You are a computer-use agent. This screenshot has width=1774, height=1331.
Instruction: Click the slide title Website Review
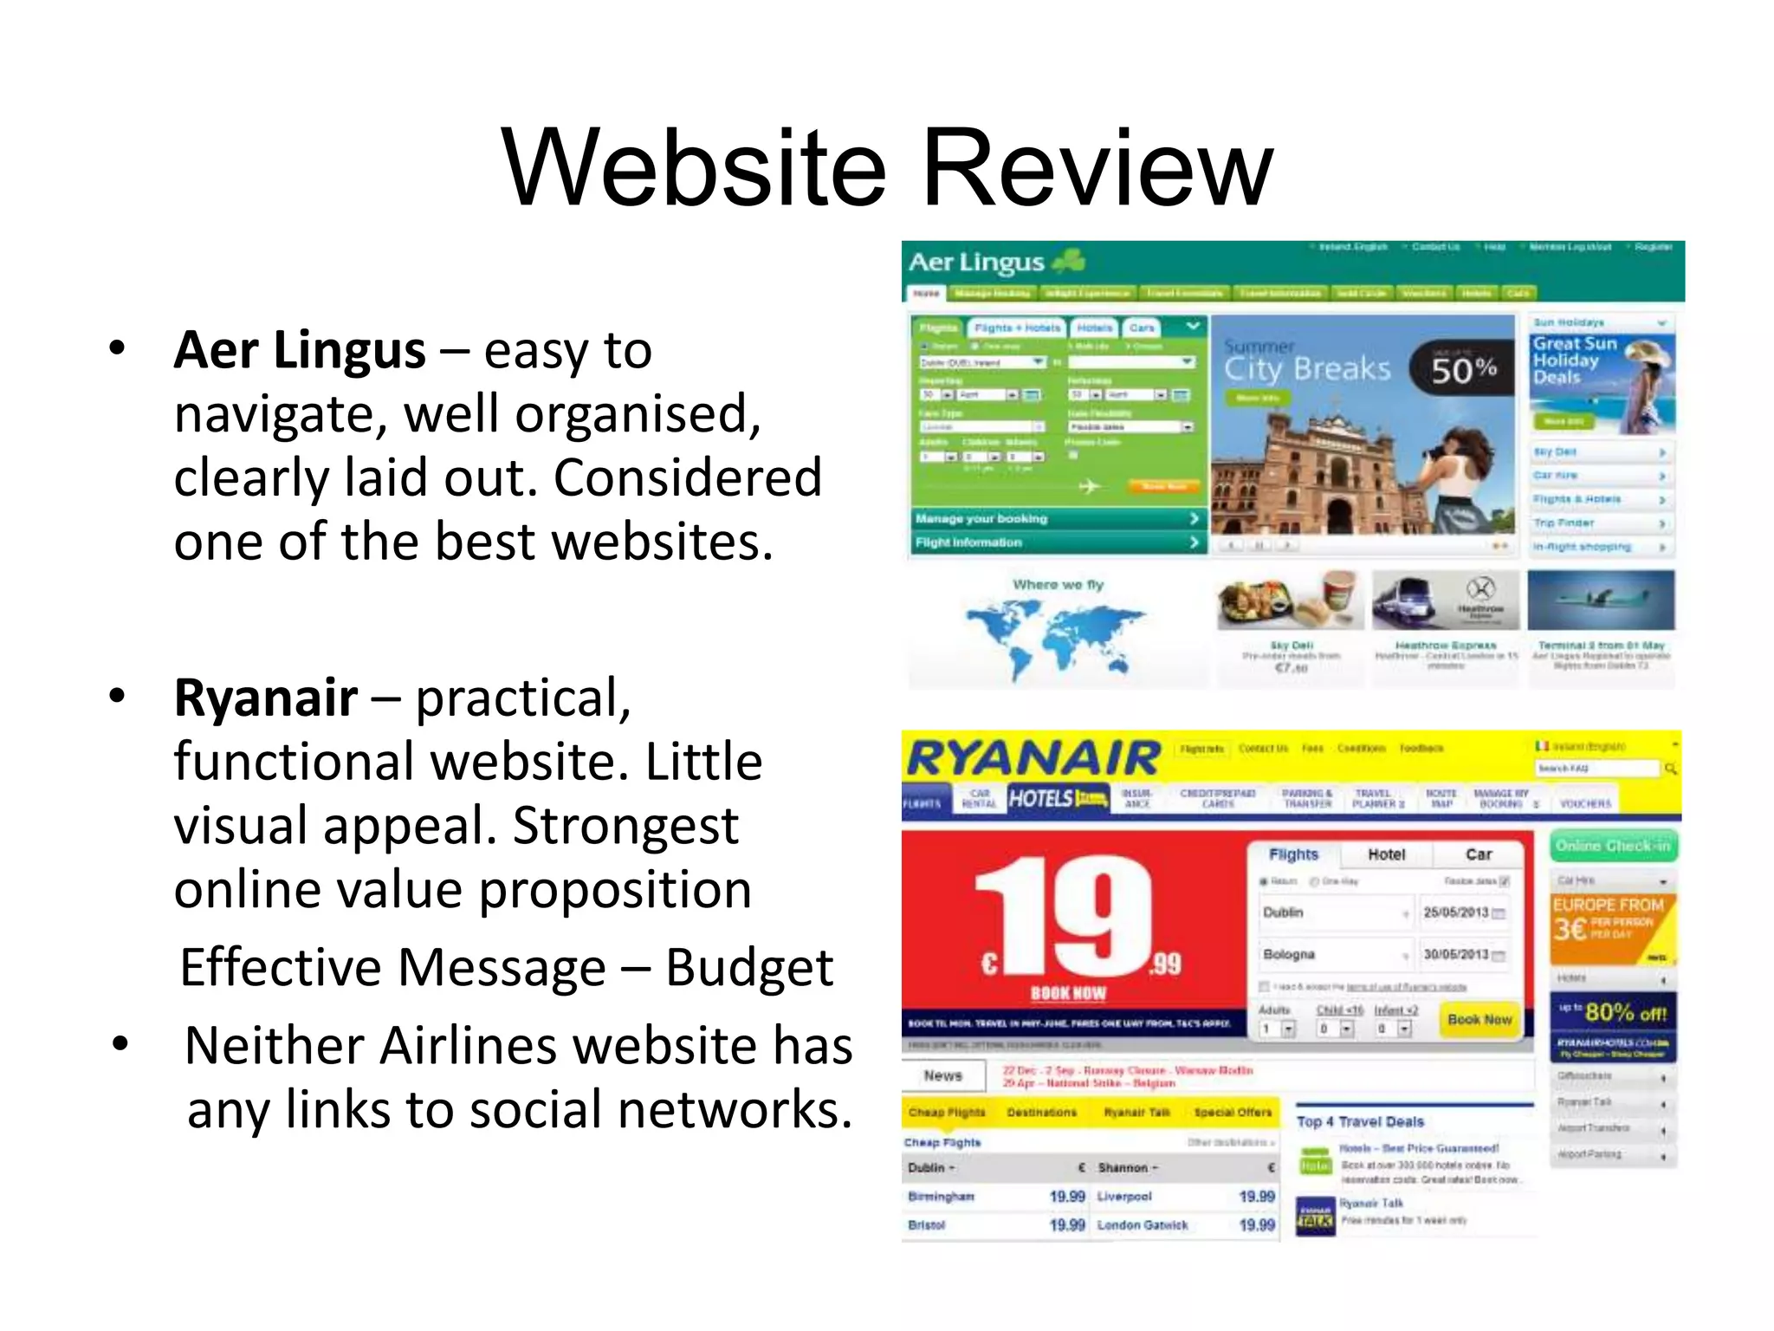(x=887, y=168)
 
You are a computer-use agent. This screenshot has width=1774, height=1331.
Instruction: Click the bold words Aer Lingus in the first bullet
(x=300, y=350)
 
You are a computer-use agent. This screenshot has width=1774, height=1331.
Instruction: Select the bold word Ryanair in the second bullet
(x=266, y=698)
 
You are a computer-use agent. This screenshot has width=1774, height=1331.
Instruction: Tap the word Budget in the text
(x=748, y=967)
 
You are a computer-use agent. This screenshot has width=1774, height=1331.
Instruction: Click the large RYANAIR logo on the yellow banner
(x=1033, y=759)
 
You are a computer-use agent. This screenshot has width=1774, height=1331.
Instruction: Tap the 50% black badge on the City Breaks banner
(x=1462, y=370)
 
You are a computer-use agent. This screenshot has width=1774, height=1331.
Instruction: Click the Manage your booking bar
(x=1057, y=518)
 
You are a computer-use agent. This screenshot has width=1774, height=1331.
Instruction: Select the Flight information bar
(x=1057, y=542)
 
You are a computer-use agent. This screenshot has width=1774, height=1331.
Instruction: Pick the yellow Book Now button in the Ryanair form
(x=1479, y=1019)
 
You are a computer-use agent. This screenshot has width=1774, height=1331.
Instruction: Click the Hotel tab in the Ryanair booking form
(x=1386, y=854)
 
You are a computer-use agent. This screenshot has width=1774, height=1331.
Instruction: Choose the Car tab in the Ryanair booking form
(x=1479, y=854)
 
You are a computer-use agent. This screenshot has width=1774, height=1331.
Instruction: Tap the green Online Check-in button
(x=1613, y=846)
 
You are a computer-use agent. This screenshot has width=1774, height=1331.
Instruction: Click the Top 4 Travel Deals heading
(x=1360, y=1121)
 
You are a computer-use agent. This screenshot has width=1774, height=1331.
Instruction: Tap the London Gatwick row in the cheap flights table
(x=1143, y=1225)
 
